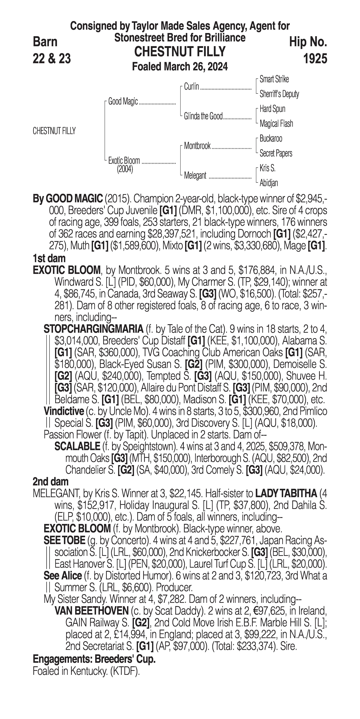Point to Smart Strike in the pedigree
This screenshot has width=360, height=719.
(x=274, y=79)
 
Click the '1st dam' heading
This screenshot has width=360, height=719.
(x=49, y=258)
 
